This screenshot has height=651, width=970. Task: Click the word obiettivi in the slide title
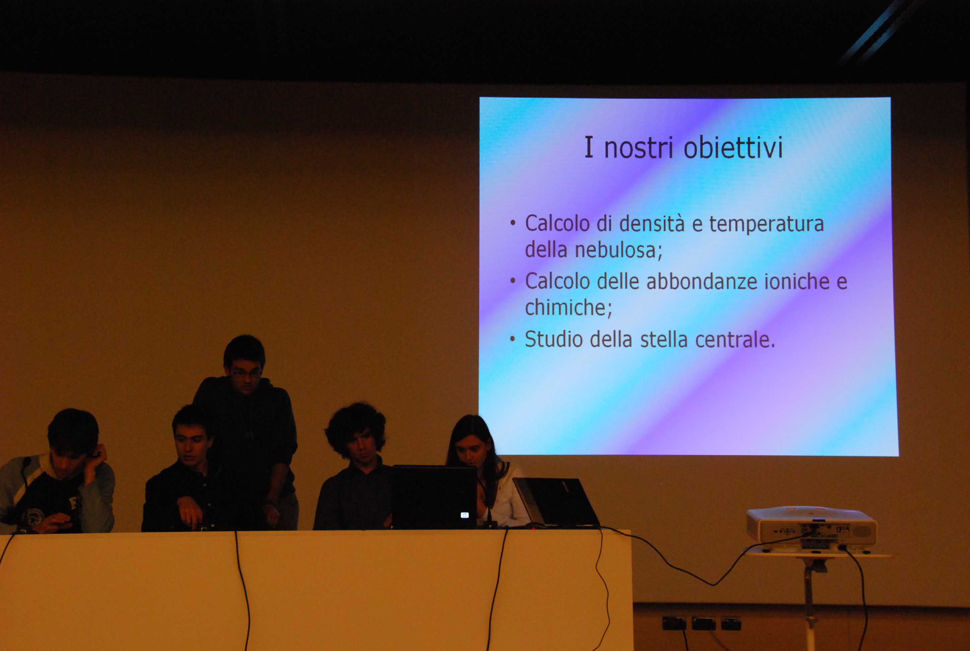[733, 147]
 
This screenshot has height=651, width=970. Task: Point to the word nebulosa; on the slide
[618, 250]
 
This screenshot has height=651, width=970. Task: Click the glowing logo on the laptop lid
[465, 515]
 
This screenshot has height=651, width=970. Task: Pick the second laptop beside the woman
[556, 503]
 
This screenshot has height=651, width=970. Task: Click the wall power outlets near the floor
[701, 623]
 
